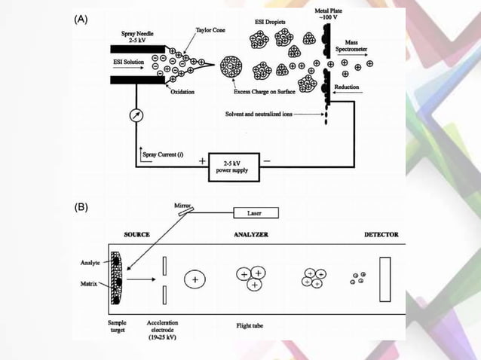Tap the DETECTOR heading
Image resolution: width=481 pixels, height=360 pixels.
pos(381,234)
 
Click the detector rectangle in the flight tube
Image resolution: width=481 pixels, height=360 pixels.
pos(385,278)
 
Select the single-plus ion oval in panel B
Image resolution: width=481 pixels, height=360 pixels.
pos(195,279)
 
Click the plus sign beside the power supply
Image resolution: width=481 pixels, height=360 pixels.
pos(201,160)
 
